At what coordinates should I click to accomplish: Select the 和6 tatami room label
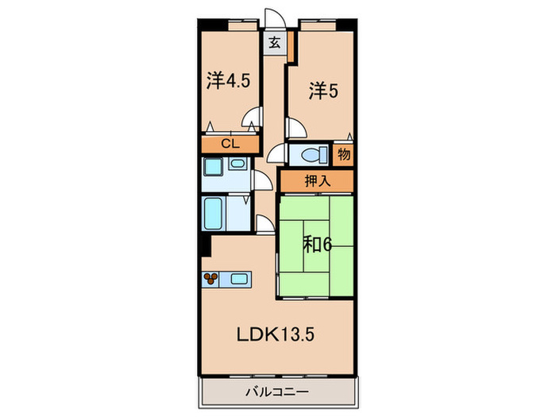click(x=316, y=244)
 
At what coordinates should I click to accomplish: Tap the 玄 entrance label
click(x=273, y=43)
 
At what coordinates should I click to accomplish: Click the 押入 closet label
click(x=315, y=180)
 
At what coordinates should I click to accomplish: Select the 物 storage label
click(x=344, y=153)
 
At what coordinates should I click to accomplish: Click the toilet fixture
click(x=313, y=153)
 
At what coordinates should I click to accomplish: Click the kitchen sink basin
click(x=239, y=279)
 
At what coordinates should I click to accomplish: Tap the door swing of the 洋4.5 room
click(x=253, y=119)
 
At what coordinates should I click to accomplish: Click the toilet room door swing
click(x=278, y=156)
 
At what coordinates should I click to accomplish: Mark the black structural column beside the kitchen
click(x=205, y=245)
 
